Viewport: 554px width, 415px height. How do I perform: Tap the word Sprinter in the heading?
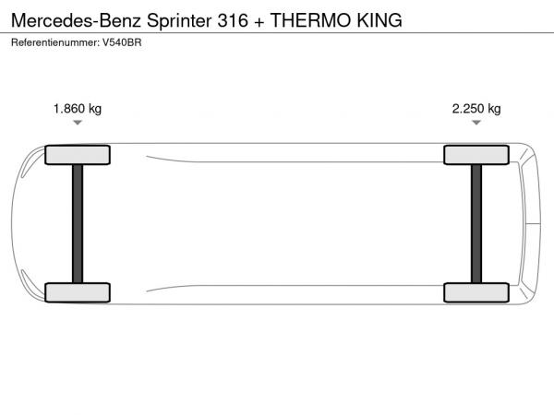click(x=179, y=21)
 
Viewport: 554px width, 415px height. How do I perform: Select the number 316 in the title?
click(x=233, y=20)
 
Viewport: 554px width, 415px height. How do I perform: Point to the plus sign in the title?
click(x=259, y=22)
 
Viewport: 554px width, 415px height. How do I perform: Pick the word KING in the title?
click(x=379, y=20)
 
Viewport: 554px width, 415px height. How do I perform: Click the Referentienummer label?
click(x=55, y=42)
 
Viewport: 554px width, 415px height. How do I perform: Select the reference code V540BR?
click(x=122, y=42)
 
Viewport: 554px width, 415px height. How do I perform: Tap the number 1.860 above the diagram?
click(x=69, y=108)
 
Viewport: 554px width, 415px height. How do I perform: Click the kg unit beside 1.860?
click(x=95, y=109)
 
